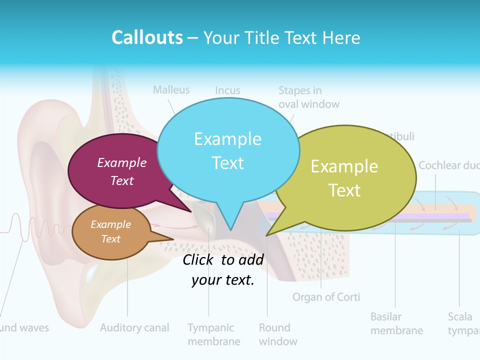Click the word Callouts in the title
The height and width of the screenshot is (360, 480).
click(147, 37)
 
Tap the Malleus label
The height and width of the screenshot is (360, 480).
click(171, 90)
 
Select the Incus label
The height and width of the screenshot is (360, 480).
click(227, 90)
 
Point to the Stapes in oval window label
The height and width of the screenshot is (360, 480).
click(308, 97)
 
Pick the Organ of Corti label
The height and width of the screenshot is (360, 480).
click(326, 297)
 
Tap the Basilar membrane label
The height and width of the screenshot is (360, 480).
click(396, 323)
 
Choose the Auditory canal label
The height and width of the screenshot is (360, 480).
click(134, 328)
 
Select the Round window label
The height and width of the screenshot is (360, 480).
click(277, 334)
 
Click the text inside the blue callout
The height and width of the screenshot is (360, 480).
click(227, 150)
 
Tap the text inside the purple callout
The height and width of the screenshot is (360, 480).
click(121, 171)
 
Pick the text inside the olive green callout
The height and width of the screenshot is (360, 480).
click(344, 178)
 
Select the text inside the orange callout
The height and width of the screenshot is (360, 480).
click(110, 231)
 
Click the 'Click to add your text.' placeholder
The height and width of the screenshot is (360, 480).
click(222, 269)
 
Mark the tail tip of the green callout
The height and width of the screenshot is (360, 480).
click(267, 234)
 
